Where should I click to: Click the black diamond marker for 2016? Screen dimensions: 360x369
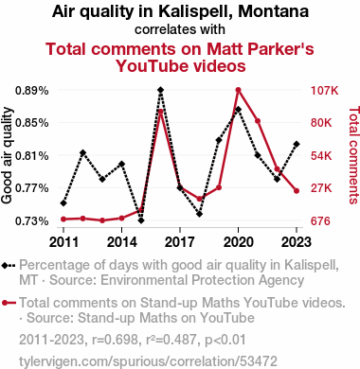pos(160,90)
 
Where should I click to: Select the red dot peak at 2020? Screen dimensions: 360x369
pos(239,90)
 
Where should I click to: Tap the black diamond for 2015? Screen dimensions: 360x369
pos(141,220)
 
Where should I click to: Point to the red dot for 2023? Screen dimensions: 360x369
pos(297,191)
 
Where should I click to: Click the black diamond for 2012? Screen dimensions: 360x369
pos(82,153)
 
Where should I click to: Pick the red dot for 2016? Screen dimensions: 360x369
pos(160,112)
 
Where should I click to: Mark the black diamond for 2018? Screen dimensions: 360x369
pos(199,214)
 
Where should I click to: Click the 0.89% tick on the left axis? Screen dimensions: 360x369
pos(32,91)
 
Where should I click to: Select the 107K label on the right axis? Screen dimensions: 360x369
pos(325,91)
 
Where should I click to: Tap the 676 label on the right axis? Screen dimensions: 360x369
pos(320,221)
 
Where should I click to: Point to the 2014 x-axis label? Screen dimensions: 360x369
pos(122,242)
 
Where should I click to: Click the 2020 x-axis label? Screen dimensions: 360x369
pos(239,242)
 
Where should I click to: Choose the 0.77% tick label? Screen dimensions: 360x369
pos(32,188)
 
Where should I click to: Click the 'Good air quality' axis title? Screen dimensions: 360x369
pos(7,156)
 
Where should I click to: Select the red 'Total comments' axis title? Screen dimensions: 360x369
pos(353,155)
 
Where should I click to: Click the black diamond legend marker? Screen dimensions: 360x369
pos(9,266)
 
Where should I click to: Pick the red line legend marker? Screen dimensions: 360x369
pos(9,303)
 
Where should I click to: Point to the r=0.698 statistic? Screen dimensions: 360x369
pos(115,340)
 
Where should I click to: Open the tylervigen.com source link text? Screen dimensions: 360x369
pos(148,361)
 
